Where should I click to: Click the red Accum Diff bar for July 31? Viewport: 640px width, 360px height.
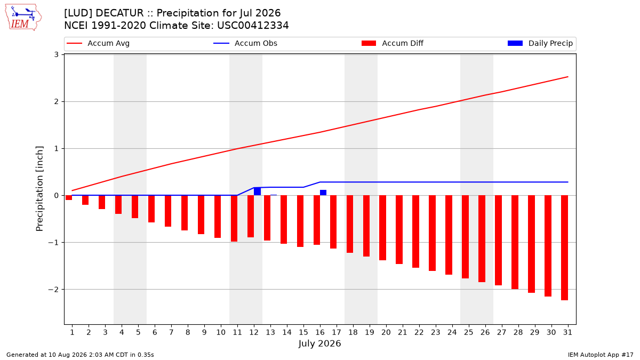tap(564, 247)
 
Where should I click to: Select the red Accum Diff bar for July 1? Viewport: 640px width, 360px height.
tap(69, 198)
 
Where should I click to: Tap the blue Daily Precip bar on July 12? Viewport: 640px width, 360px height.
tap(257, 191)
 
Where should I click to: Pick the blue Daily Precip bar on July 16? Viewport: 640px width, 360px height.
tap(323, 193)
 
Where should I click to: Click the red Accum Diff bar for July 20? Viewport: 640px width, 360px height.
tap(382, 228)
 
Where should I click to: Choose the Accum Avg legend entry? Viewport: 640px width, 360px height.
tap(98, 43)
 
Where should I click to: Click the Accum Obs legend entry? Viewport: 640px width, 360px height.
tap(245, 43)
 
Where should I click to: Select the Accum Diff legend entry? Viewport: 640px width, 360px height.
tap(393, 43)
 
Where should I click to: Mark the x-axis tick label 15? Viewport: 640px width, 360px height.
tap(303, 332)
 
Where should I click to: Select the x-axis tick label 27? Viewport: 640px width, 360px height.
tap(501, 332)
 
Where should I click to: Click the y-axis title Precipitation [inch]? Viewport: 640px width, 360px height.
tap(39, 189)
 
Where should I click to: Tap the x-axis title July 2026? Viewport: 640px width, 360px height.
tap(319, 343)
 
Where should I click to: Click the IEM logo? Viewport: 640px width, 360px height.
tap(23, 18)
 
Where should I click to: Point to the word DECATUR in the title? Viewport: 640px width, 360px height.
tap(119, 13)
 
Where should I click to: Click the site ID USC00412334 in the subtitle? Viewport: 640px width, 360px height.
tap(253, 26)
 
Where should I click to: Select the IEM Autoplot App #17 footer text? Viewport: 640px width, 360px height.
tap(601, 355)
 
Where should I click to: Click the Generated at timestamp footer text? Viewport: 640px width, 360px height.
tap(80, 355)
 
